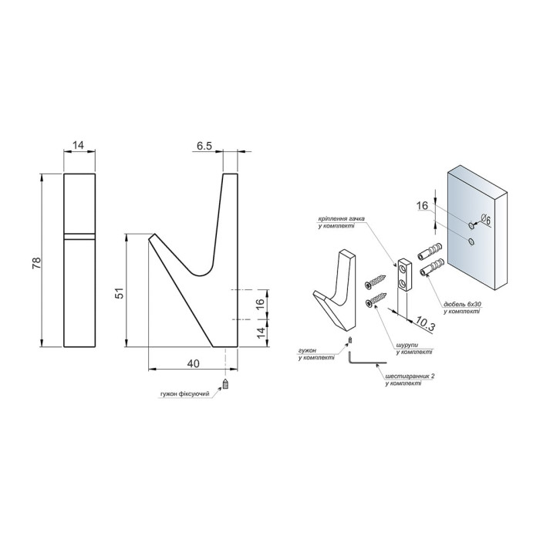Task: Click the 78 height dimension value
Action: coord(37,263)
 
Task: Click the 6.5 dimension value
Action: coord(204,146)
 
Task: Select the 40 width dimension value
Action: coord(193,363)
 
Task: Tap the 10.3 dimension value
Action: coord(424,323)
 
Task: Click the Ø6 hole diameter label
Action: coord(484,218)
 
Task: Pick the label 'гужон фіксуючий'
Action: coord(185,393)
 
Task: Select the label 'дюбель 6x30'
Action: coord(462,305)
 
